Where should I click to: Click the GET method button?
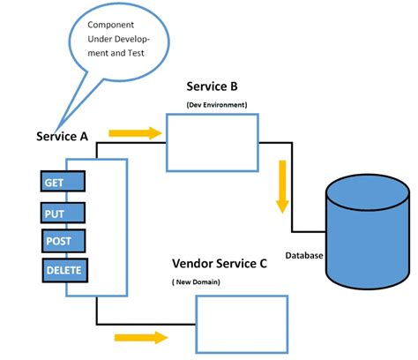(62, 182)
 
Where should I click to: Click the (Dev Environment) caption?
(216, 106)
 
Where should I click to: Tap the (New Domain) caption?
(195, 281)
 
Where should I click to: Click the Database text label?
(304, 256)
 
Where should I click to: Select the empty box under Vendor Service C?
(241, 324)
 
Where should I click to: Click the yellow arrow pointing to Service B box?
(136, 133)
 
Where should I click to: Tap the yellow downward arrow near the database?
(282, 186)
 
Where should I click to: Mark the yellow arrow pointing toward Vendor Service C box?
(140, 337)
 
